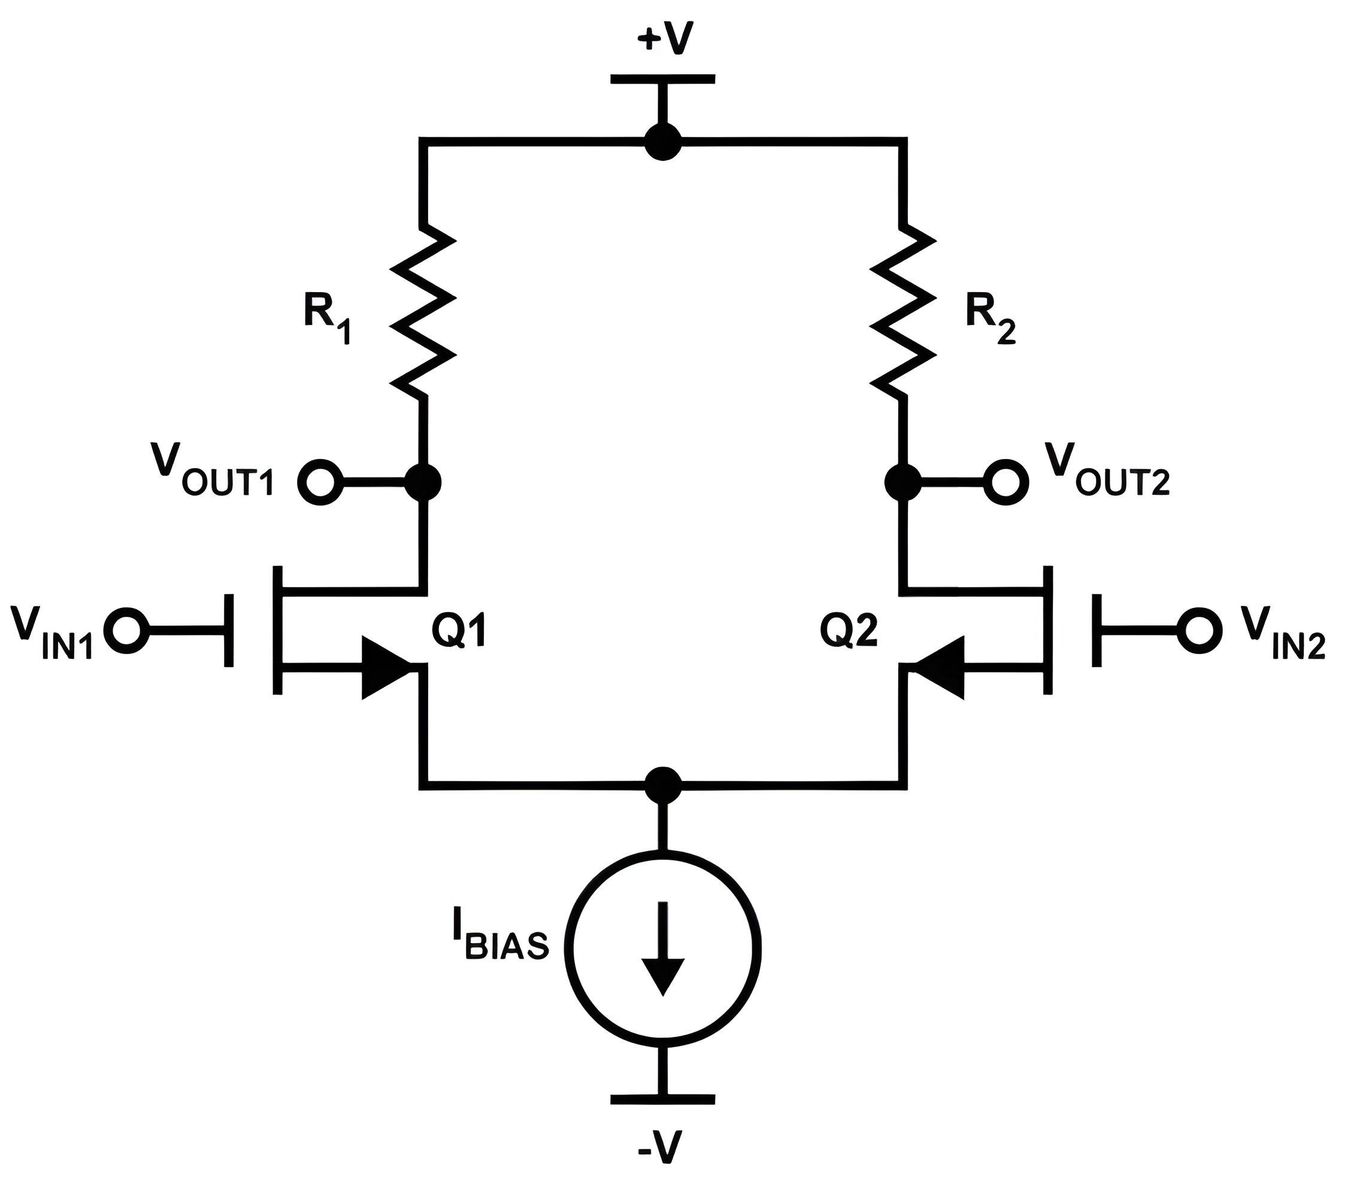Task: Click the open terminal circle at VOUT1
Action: [321, 482]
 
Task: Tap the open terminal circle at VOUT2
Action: [1006, 482]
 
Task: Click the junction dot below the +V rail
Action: [662, 141]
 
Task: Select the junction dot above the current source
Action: [662, 785]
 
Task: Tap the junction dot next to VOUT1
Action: [423, 482]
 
